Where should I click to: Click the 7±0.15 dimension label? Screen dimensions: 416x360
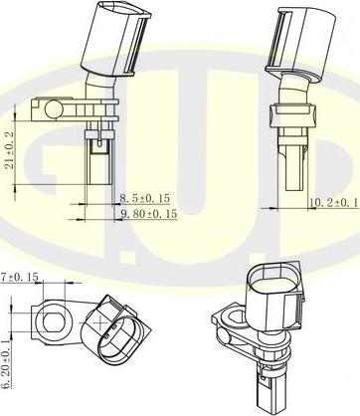19,276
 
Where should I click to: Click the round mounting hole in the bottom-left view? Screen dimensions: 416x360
50,320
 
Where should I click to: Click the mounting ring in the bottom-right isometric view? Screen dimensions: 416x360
226,322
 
